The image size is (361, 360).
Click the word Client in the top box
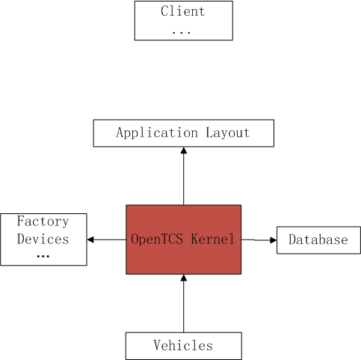(183, 12)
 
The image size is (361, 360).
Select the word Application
(146, 133)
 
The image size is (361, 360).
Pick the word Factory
(43, 222)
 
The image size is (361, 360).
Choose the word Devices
(43, 240)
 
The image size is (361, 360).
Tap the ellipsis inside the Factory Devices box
(43, 256)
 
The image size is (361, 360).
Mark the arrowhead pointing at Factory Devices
(91, 240)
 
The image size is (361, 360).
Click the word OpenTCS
(156, 240)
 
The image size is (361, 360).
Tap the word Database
(318, 240)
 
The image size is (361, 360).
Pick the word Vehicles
(183, 346)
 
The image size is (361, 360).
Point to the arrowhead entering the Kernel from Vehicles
(183, 278)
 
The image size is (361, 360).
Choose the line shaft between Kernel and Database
(254, 240)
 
